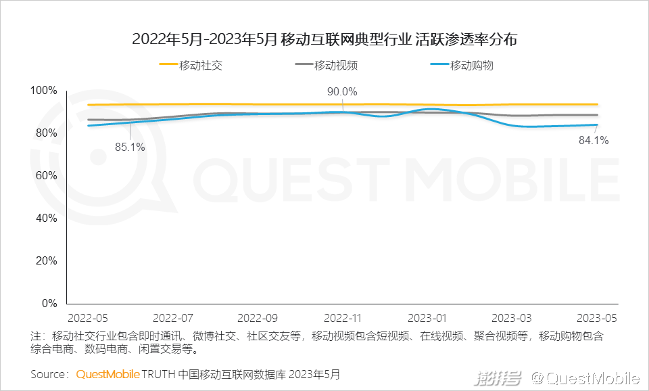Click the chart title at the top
324,40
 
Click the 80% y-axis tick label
46,133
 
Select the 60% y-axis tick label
46,176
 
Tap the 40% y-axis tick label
46,218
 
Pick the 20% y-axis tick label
46,261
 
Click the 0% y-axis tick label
49,304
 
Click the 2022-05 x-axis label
87,317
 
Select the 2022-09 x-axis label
258,317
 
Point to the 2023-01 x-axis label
427,317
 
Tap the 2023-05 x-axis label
596,317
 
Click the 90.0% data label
342,92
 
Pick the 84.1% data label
594,141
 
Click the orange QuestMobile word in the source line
107,374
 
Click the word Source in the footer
48,374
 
